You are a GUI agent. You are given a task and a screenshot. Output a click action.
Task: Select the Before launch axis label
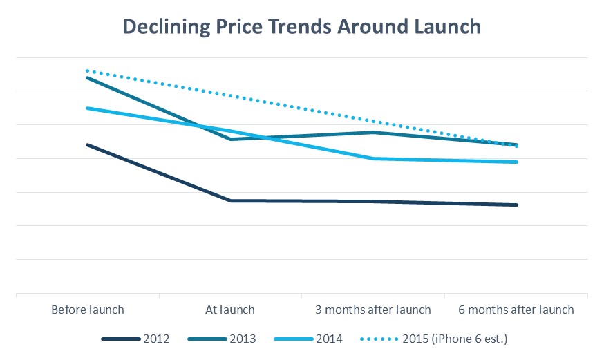tap(88, 310)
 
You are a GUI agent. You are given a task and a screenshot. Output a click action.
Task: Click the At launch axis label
tap(231, 310)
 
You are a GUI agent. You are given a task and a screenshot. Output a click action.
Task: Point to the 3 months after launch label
tap(373, 310)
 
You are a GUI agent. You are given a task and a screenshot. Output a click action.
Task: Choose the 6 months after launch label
tap(516, 310)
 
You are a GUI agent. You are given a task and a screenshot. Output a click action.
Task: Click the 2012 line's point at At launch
tap(231, 200)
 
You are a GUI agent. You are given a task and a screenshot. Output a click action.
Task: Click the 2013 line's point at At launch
tap(231, 139)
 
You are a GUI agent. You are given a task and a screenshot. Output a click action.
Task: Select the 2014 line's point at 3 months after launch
tap(373, 158)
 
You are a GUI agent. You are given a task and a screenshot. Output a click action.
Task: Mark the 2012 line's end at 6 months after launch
tap(516, 205)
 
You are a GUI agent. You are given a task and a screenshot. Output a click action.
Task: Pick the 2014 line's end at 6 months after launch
tap(516, 162)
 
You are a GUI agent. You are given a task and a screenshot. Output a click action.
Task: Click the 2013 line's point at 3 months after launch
tap(373, 132)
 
